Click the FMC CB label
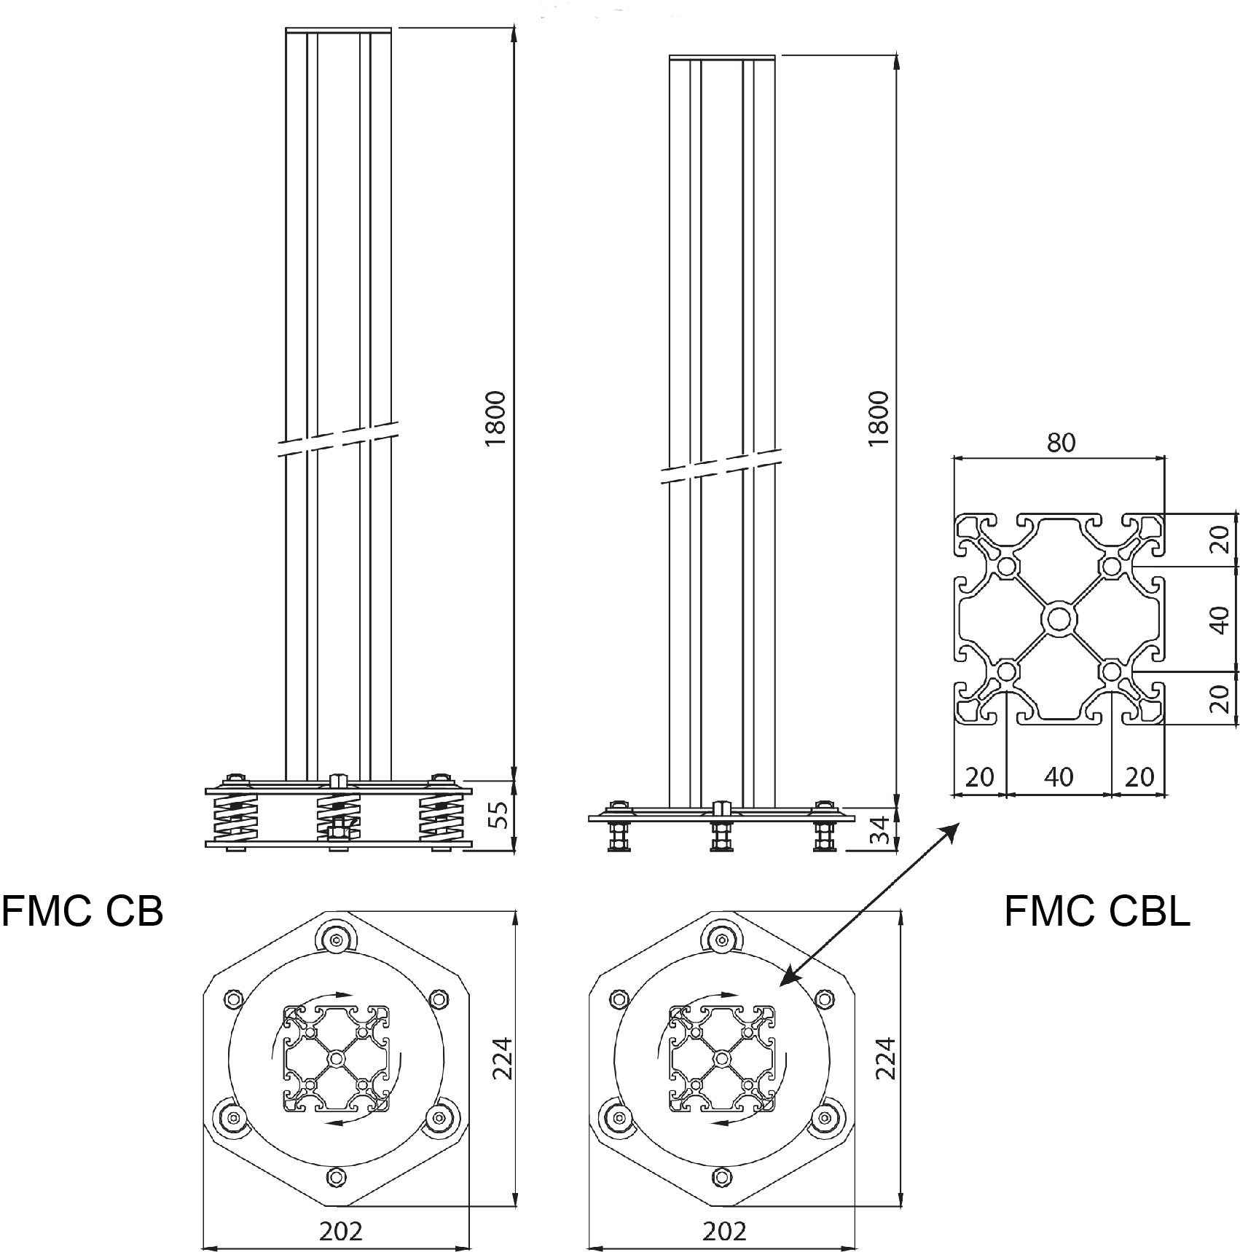point(82,910)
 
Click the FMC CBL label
point(1096,910)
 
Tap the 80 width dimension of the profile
point(1060,443)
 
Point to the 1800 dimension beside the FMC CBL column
point(879,419)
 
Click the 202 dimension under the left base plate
point(340,1232)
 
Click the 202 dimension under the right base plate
point(725,1232)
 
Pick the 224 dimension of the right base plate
point(886,1058)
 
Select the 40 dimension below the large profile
point(1059,777)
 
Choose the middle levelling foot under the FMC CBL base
point(721,836)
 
